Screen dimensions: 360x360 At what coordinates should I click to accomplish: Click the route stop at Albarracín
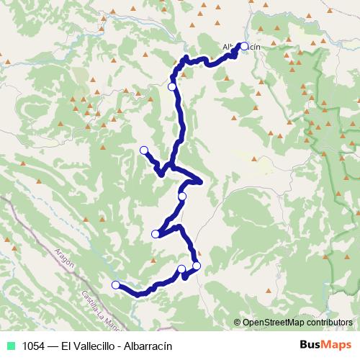coord(244,47)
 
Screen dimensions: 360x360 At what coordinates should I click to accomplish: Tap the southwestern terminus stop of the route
coord(115,285)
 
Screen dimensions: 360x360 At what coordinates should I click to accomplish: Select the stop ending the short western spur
coord(143,150)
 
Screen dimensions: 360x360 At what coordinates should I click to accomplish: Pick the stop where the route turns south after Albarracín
coord(172,87)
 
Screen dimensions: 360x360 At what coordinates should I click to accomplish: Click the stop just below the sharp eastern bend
coord(182,196)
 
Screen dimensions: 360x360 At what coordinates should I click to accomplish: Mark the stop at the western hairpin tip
coord(156,233)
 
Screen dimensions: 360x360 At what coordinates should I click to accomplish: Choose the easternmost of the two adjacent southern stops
coord(197,266)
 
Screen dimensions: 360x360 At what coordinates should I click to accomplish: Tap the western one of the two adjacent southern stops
coord(181,269)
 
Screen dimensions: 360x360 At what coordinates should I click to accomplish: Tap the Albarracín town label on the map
coord(240,47)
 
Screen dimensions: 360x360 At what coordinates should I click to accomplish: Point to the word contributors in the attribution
coord(328,323)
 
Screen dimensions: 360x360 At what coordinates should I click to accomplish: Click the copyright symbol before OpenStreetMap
coord(238,323)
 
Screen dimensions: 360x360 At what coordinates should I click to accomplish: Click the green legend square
coord(9,346)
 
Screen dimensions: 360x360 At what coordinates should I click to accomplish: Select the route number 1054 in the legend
coord(32,346)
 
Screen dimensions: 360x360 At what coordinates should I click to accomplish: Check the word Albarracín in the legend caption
coord(148,346)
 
